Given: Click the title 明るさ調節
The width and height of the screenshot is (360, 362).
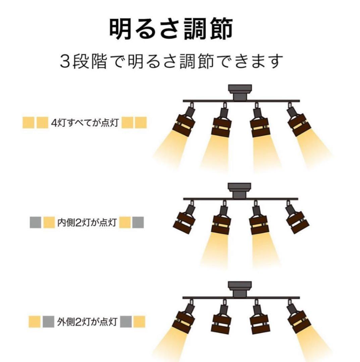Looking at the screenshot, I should [171, 29].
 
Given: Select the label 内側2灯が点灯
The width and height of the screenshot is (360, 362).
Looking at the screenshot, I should [87, 222].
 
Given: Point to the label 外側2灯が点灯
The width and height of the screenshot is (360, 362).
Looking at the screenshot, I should [87, 322].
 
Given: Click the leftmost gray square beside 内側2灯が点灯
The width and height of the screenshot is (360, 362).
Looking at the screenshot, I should [36, 222].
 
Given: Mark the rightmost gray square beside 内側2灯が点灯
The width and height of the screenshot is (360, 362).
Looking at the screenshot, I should [138, 222].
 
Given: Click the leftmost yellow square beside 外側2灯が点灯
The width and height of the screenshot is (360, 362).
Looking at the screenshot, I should [35, 322].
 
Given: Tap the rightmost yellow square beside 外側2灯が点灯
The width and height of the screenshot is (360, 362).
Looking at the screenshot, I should [139, 322].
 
